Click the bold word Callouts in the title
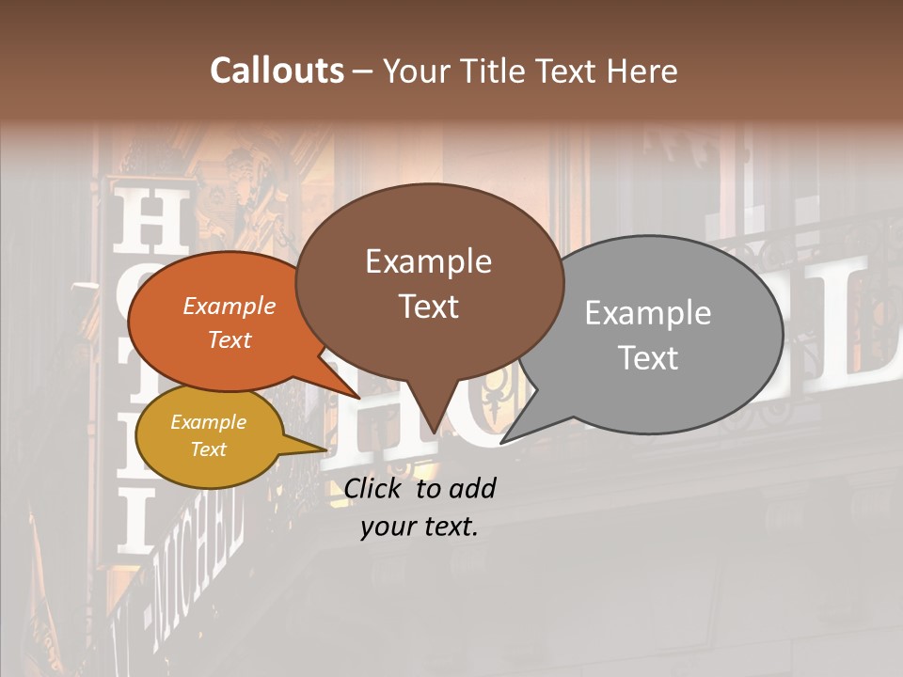(277, 71)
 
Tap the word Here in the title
(641, 71)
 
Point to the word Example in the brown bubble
(428, 261)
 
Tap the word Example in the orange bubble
(229, 306)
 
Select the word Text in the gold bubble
(208, 449)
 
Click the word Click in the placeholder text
(374, 488)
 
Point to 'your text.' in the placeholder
(420, 527)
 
